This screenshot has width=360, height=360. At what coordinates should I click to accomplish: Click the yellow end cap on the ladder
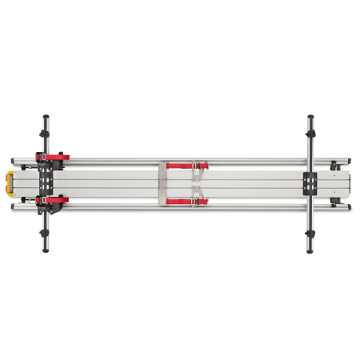(9, 183)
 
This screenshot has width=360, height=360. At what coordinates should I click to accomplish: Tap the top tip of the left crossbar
(44, 116)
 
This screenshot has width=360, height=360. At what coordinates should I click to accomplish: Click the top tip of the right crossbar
(310, 116)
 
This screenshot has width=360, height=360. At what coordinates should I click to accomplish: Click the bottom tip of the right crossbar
(310, 251)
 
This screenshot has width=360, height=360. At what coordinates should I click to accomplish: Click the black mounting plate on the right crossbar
(310, 183)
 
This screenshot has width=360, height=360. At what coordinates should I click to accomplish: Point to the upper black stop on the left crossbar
(44, 133)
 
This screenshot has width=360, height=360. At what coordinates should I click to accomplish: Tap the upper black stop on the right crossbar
(310, 133)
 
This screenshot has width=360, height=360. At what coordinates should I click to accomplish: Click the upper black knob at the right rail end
(334, 166)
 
